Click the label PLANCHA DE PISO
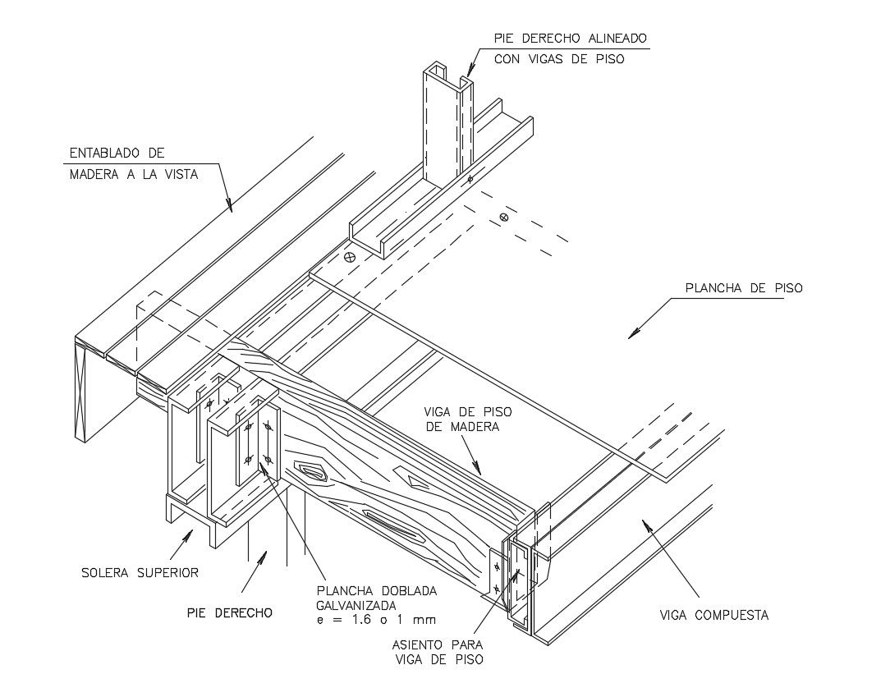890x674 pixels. tap(743, 288)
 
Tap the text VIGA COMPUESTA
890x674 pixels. tap(714, 615)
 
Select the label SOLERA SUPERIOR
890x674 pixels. tap(140, 572)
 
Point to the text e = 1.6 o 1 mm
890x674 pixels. tap(375, 620)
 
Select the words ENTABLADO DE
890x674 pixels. tap(117, 153)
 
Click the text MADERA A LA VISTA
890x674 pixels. tap(133, 174)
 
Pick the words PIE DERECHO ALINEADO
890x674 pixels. tap(570, 38)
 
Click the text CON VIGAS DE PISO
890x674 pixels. tap(558, 59)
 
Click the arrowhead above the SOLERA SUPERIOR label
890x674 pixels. tap(191, 534)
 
